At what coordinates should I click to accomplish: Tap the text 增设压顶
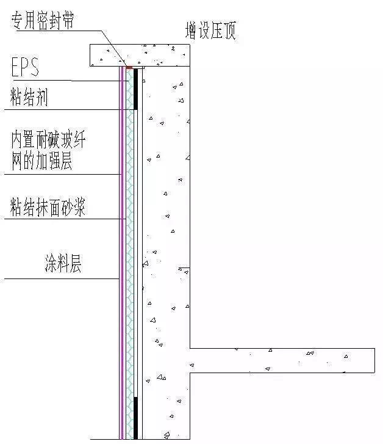(x=210, y=31)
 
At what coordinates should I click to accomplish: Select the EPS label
(x=26, y=68)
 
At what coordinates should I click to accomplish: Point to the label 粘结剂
(x=29, y=97)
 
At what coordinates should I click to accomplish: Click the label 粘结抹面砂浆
(x=48, y=208)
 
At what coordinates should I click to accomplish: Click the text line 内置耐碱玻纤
(x=48, y=140)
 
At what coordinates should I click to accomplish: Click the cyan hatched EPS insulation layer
(x=130, y=244)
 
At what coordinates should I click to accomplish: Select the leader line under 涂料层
(x=61, y=279)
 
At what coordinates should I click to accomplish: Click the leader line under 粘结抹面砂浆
(x=61, y=219)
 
